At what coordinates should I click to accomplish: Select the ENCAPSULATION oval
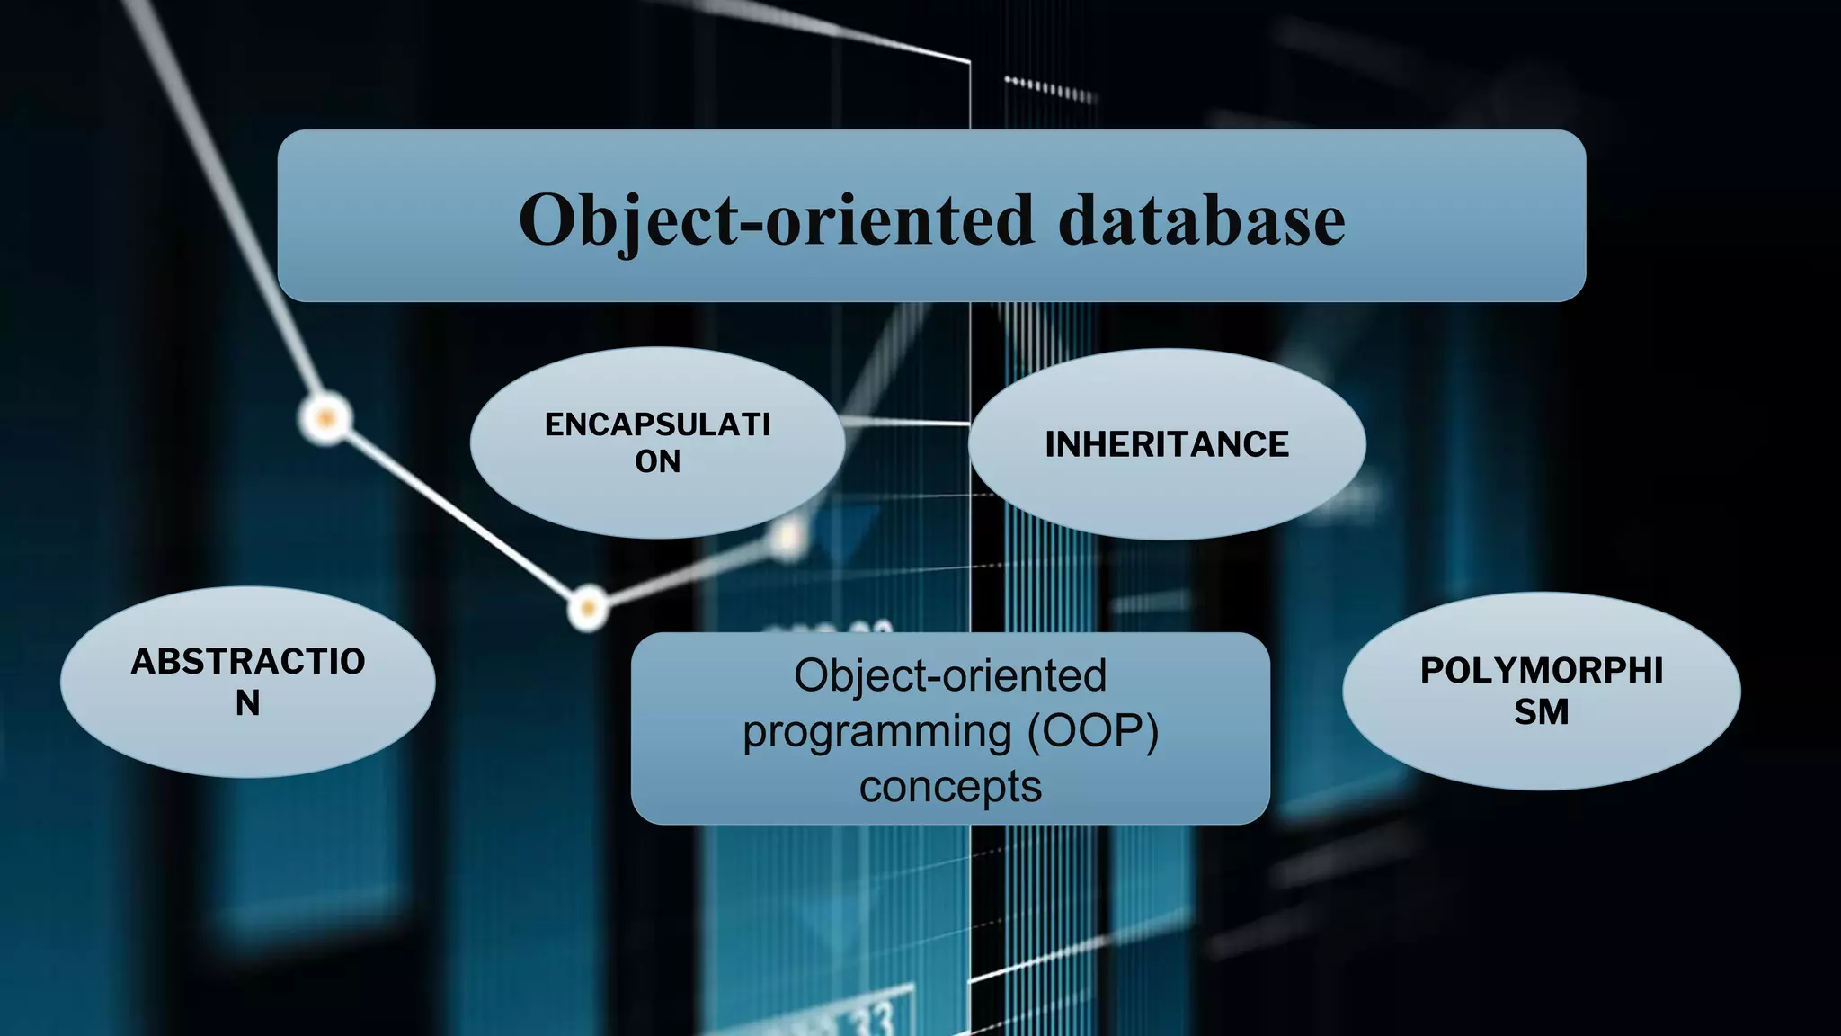pos(657,442)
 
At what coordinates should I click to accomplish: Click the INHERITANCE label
pos(1167,444)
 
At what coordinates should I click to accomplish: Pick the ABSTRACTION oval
pos(248,682)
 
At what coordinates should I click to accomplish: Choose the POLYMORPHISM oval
pos(1541,691)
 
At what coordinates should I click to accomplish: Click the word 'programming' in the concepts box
pos(876,730)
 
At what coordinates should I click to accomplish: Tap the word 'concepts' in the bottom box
pos(950,786)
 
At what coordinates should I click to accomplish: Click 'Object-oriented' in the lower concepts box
pos(950,675)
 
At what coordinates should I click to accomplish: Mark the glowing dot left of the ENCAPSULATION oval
pos(325,418)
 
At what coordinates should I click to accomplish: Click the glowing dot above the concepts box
pos(588,609)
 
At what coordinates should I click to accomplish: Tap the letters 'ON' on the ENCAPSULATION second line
pos(657,461)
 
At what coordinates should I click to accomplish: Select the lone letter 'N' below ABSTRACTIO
pos(248,703)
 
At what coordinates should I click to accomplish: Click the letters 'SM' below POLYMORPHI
pos(1541,712)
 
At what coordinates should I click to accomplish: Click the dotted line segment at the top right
pos(1050,88)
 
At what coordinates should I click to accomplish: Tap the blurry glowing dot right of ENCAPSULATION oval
pos(788,536)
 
